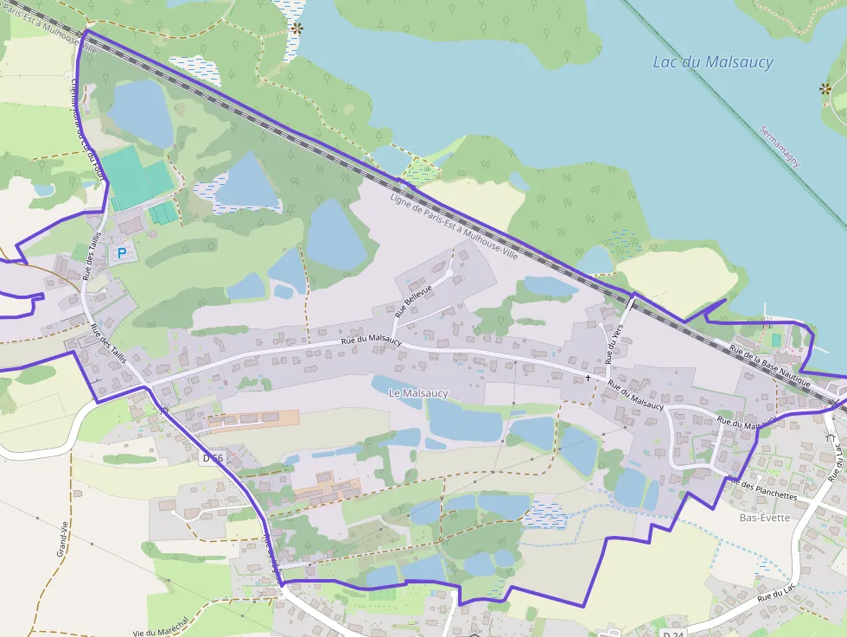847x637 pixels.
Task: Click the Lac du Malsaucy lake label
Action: (x=713, y=62)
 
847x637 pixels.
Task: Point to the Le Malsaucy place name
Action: (x=419, y=393)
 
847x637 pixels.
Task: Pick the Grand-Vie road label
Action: (x=62, y=541)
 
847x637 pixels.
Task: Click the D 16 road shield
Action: (x=212, y=456)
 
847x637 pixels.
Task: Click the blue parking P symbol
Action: (x=122, y=253)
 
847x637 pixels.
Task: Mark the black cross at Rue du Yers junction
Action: (x=589, y=378)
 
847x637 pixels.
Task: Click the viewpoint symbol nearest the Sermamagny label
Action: (x=825, y=88)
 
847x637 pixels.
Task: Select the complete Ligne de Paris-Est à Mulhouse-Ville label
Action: (x=454, y=228)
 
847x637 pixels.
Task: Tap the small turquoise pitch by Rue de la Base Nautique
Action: (x=775, y=338)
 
